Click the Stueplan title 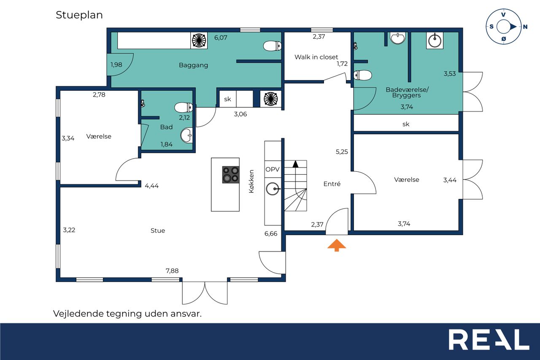point(79,15)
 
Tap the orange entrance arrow point(337,245)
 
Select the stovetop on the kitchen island point(231,175)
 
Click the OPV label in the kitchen point(273,170)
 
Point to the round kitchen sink point(273,189)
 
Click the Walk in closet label point(316,57)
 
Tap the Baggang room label point(193,65)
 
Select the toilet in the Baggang point(272,46)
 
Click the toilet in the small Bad point(184,108)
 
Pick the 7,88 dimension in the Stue point(172,271)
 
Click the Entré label point(332,184)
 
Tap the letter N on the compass point(525,27)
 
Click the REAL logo point(489,339)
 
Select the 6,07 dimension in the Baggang point(221,38)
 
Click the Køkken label point(251,181)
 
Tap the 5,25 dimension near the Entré point(342,152)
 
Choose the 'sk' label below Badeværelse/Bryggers point(406,124)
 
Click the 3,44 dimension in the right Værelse point(450,180)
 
